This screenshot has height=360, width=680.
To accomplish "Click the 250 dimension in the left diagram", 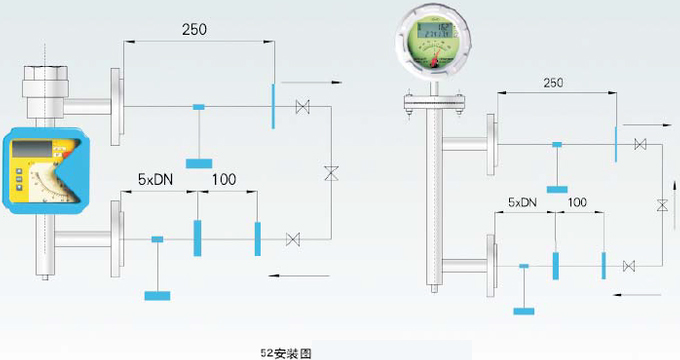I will (x=194, y=29).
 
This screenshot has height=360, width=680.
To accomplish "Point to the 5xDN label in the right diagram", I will (x=523, y=202).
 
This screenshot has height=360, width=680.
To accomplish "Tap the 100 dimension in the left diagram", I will (x=224, y=180).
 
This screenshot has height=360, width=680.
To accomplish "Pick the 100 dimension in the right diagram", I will (x=577, y=202).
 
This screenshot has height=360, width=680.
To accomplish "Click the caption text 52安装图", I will (x=286, y=352).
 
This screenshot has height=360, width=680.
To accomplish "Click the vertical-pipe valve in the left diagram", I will (x=330, y=173).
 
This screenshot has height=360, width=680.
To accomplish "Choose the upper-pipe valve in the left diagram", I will (x=302, y=107).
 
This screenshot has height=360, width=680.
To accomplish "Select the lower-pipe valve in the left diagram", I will (x=293, y=239).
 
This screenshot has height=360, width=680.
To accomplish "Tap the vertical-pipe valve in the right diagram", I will (x=661, y=205).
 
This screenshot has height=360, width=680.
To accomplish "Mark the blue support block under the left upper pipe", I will (x=199, y=162).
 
